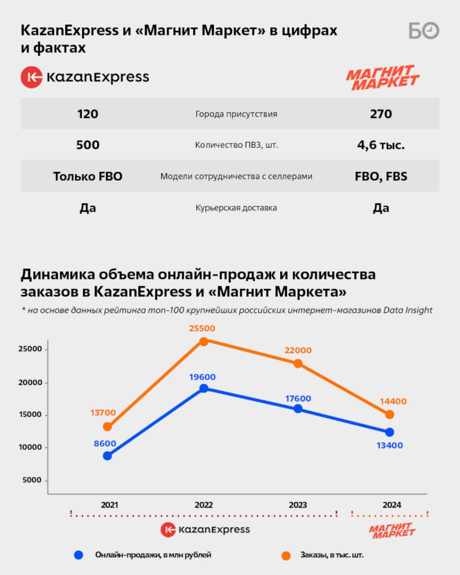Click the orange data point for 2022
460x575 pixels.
[203, 341]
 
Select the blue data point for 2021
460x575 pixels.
[107, 456]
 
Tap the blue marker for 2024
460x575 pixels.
[389, 432]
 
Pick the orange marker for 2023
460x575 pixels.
[298, 363]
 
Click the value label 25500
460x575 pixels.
[202, 328]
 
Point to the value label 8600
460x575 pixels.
[105, 444]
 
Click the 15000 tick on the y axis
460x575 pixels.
[30, 415]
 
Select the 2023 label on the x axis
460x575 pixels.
[297, 505]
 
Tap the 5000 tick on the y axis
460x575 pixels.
[32, 480]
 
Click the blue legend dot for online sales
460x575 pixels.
[79, 555]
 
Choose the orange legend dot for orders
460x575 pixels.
[286, 556]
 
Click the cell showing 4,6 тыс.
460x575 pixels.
[380, 145]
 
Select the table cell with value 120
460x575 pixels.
[88, 114]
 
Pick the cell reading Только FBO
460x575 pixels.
[88, 177]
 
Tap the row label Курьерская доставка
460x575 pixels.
[236, 208]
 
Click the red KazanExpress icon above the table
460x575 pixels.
[31, 77]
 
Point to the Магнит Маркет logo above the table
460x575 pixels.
[382, 78]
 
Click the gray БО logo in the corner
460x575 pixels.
[423, 31]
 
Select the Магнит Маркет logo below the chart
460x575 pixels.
[392, 530]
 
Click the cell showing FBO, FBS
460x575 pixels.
[380, 177]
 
